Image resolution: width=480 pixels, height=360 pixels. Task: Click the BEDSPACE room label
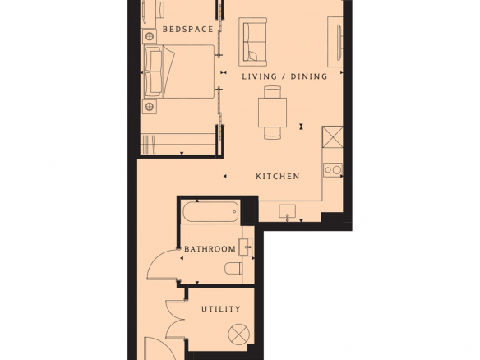(187, 30)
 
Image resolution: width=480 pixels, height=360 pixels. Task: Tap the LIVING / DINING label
(284, 76)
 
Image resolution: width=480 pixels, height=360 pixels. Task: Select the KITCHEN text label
(278, 177)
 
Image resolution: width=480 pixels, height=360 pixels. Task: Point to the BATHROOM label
(210, 249)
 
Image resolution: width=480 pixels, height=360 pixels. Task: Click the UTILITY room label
(221, 309)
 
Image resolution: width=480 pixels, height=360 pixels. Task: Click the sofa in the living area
(252, 42)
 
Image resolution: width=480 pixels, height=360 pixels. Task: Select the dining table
(272, 113)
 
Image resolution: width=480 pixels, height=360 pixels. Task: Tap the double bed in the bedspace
(179, 72)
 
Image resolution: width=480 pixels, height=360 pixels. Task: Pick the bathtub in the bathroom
(210, 211)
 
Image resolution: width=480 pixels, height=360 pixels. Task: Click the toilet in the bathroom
(233, 269)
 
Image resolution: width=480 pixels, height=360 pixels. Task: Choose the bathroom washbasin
(246, 247)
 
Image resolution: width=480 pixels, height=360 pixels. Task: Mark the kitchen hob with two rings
(333, 170)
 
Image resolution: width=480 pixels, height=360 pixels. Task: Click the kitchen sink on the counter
(287, 211)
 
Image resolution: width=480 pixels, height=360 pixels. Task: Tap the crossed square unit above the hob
(332, 136)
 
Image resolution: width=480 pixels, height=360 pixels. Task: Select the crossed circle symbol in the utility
(239, 335)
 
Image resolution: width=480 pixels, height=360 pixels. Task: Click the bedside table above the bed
(150, 36)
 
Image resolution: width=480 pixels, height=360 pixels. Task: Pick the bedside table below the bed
(150, 107)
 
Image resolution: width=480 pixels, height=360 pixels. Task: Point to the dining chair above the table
(272, 91)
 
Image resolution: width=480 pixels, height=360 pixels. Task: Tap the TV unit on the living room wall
(336, 42)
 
